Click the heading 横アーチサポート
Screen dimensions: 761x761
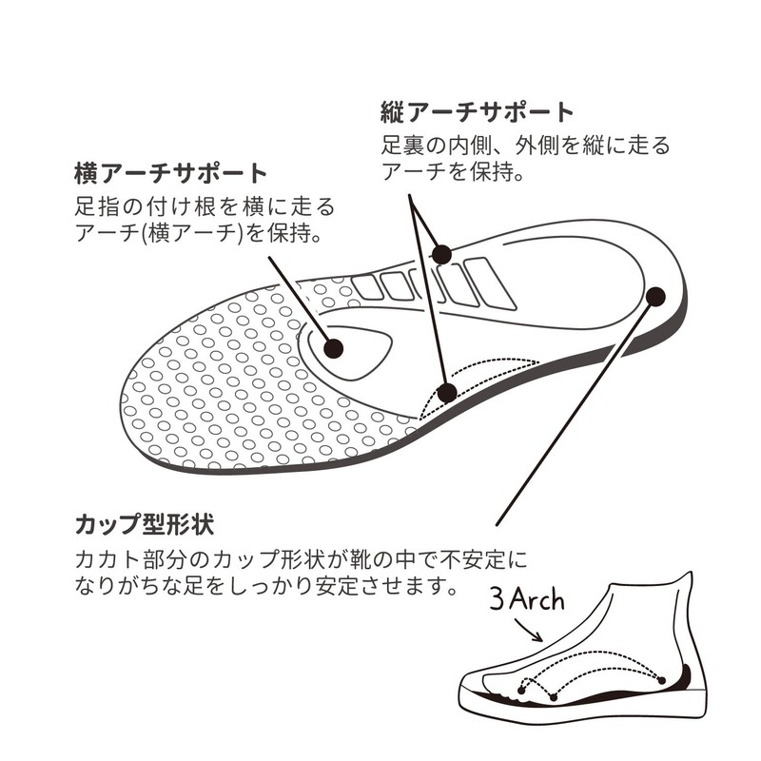pyautogui.click(x=171, y=174)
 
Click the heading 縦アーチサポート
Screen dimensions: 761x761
pyautogui.click(x=478, y=112)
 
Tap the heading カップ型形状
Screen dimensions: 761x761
pyautogui.click(x=145, y=524)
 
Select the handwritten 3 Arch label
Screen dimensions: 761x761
pyautogui.click(x=527, y=600)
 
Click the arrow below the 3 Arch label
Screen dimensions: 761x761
pyautogui.click(x=528, y=630)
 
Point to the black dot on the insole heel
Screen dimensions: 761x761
pyautogui.click(x=655, y=296)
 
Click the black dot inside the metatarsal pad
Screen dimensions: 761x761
pyautogui.click(x=334, y=348)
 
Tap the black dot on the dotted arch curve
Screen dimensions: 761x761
pyautogui.click(x=447, y=392)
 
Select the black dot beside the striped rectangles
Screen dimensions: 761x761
pyautogui.click(x=442, y=254)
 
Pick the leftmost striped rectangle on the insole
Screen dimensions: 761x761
pyautogui.click(x=367, y=287)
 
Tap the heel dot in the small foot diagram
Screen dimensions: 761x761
pyautogui.click(x=661, y=680)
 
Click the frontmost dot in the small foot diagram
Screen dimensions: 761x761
pyautogui.click(x=521, y=691)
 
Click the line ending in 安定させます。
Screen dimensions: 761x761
pyautogui.click(x=266, y=586)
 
